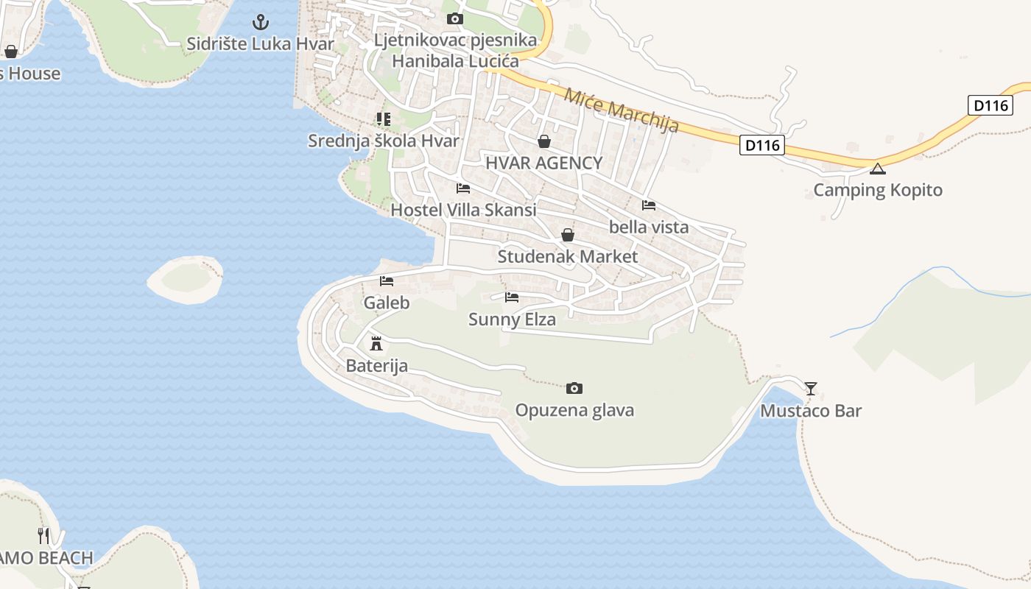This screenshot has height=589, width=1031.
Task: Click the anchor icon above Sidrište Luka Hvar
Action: [261, 22]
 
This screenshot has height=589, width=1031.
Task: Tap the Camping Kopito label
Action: [877, 190]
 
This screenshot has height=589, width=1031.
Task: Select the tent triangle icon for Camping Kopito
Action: [877, 169]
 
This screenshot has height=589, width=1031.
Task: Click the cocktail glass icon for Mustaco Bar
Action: [811, 388]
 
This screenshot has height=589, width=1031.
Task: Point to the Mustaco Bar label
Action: [811, 411]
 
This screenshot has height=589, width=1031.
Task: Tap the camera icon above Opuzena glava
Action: [574, 388]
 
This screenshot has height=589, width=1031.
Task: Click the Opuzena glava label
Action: [574, 410]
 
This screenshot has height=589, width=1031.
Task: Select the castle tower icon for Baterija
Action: [376, 343]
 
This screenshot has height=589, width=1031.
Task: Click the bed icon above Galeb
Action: [387, 281]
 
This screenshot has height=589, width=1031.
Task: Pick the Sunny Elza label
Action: [512, 320]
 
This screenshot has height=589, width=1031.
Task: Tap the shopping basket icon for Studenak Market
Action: [568, 235]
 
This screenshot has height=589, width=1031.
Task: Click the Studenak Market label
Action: [567, 256]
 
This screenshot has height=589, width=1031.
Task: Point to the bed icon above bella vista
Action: [649, 205]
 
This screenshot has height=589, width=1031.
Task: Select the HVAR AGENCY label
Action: [543, 163]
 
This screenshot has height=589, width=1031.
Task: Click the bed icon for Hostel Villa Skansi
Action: [463, 188]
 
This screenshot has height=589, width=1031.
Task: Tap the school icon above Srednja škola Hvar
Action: [383, 119]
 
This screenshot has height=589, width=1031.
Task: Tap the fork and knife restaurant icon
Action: [44, 535]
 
